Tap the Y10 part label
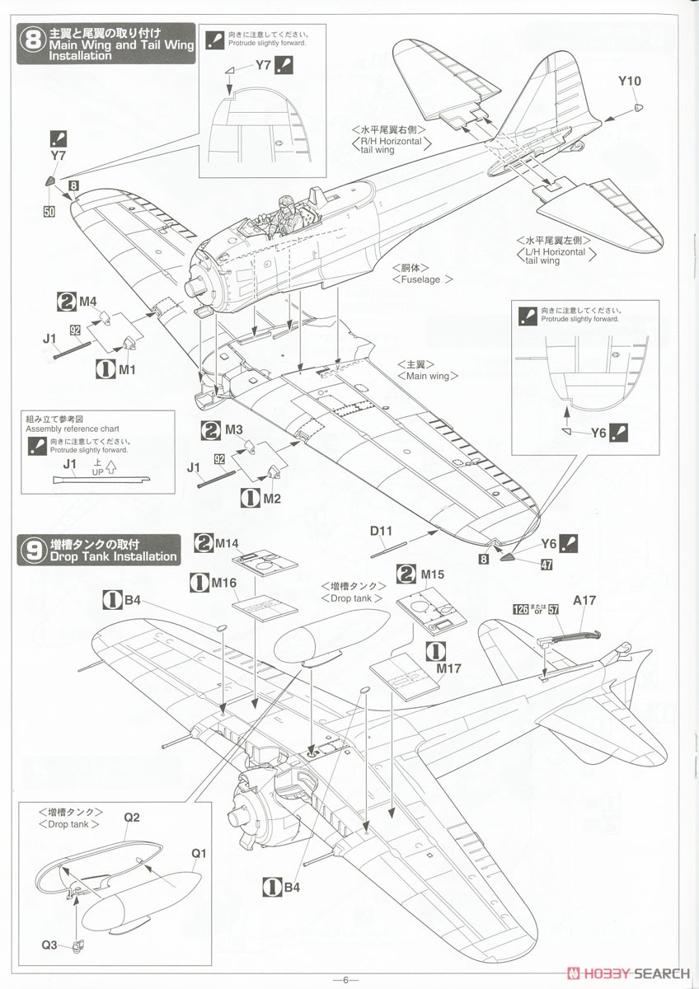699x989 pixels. pyautogui.click(x=629, y=81)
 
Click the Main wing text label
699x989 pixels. pyautogui.click(x=427, y=376)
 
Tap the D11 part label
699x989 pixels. pyautogui.click(x=381, y=532)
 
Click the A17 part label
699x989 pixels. pyautogui.click(x=584, y=601)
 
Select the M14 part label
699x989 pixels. pyautogui.click(x=227, y=544)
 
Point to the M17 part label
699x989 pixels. pyautogui.click(x=448, y=668)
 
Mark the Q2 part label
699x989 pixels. pyautogui.click(x=132, y=818)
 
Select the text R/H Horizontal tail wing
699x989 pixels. pyautogui.click(x=390, y=145)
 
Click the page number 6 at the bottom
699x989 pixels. pyautogui.click(x=345, y=979)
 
